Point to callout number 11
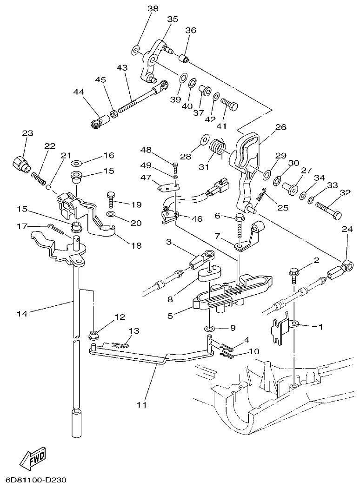click(x=142, y=404)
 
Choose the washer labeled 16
click(x=76, y=163)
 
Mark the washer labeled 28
click(x=204, y=139)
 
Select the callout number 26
click(x=280, y=127)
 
